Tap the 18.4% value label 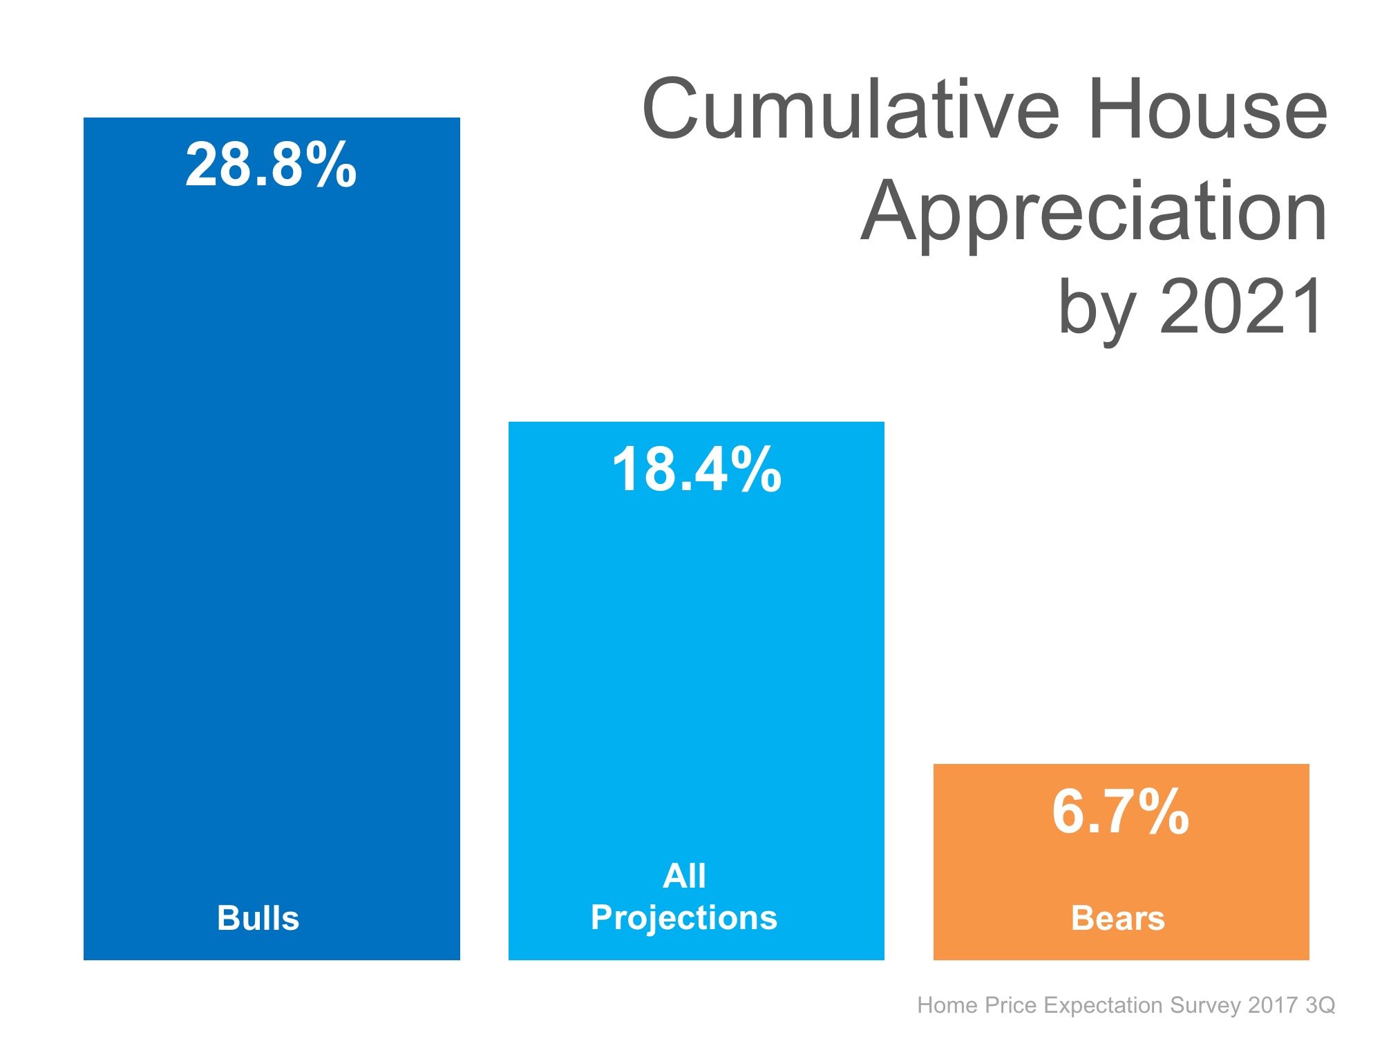(x=696, y=470)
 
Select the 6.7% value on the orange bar (x=1120, y=812)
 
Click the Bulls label (x=258, y=918)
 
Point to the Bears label (x=1117, y=918)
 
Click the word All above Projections (x=684, y=876)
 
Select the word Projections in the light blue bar (x=684, y=917)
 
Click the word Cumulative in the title (x=851, y=109)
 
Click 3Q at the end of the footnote (x=1321, y=1005)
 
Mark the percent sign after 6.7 (x=1163, y=812)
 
